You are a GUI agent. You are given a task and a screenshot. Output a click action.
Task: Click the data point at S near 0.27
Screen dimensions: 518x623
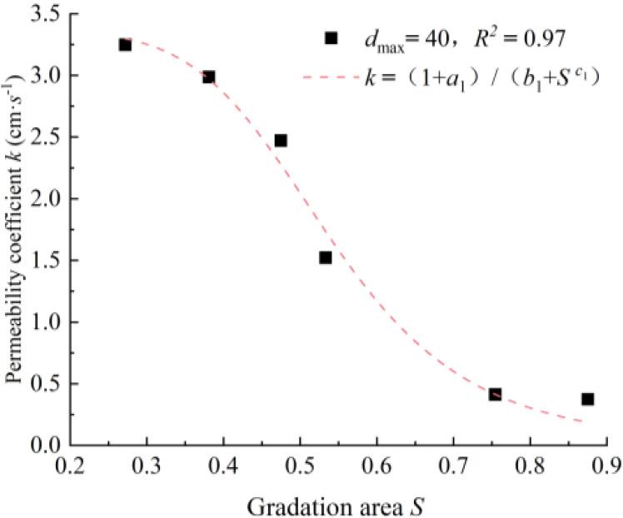point(125,44)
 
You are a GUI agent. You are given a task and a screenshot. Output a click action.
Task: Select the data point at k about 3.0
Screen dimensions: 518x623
point(209,77)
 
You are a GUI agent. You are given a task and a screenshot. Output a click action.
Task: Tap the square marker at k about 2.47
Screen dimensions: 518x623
point(281,140)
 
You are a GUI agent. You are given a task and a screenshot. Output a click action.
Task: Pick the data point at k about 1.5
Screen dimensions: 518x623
point(326,257)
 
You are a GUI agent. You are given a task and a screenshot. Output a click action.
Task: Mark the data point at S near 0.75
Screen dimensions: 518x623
point(495,394)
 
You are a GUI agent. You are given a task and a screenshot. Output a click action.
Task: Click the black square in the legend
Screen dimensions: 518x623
point(331,37)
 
